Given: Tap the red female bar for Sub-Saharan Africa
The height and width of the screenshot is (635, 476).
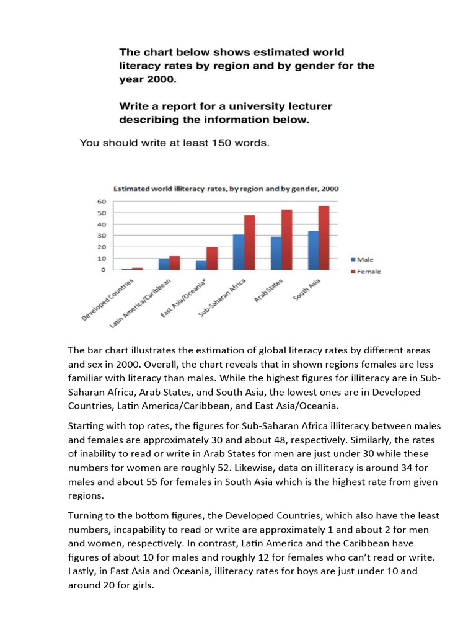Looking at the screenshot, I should click(x=249, y=242).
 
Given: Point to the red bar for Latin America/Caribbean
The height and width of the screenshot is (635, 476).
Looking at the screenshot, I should click(x=174, y=263).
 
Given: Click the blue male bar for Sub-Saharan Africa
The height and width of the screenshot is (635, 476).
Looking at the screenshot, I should click(x=238, y=252).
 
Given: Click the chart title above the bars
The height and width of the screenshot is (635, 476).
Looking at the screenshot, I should click(x=225, y=189).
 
